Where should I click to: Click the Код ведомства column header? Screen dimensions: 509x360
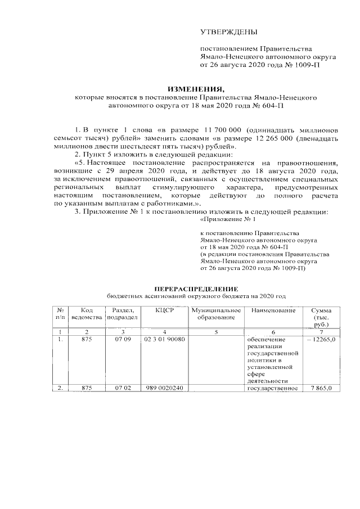coord(86,314)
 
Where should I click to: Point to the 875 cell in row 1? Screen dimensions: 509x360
coord(86,340)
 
